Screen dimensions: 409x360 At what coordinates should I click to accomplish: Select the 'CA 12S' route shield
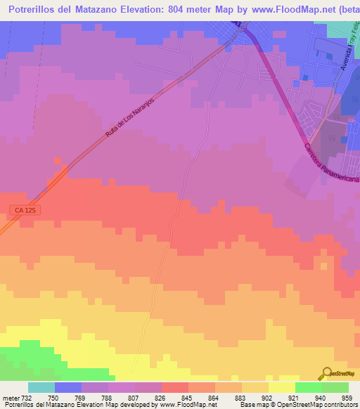25,210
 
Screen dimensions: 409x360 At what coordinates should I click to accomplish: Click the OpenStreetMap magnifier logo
326,373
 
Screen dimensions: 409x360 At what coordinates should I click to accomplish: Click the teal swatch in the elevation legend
41,387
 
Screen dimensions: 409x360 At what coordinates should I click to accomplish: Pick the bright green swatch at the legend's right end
335,387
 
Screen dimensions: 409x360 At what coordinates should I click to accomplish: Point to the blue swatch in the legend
68,387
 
